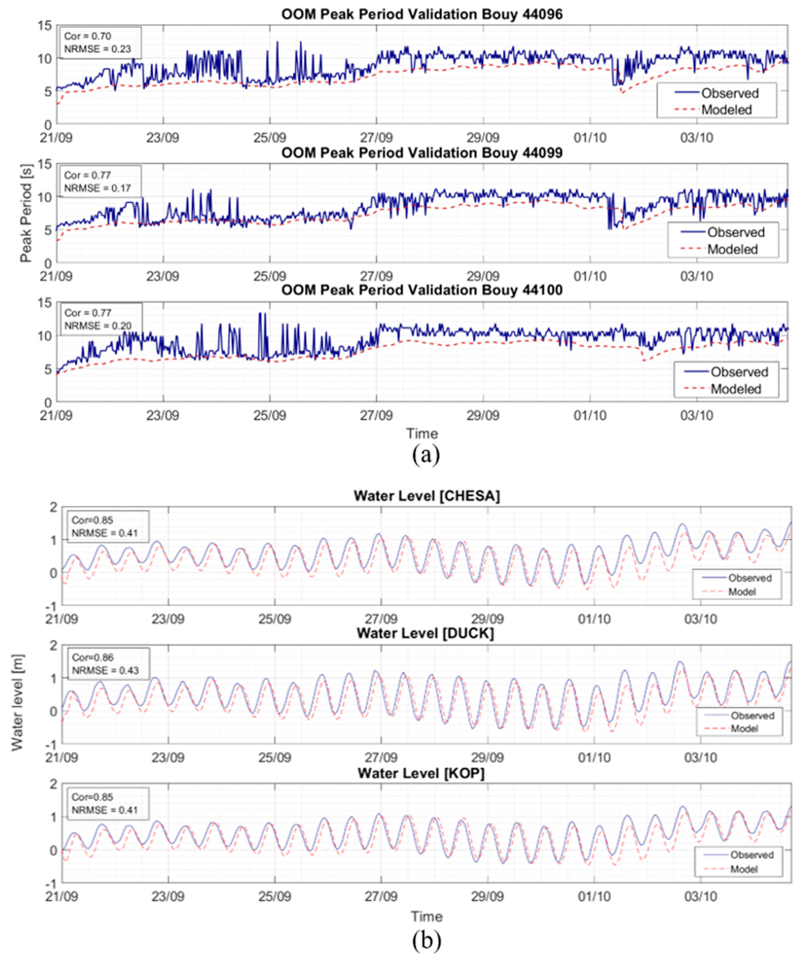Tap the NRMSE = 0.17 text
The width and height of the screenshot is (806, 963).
tap(97, 188)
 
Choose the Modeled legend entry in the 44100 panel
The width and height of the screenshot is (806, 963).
tap(735, 389)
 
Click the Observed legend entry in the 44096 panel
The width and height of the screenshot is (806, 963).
tap(730, 93)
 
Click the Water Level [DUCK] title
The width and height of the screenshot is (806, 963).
tap(425, 633)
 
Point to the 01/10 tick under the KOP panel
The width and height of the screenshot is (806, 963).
tap(594, 896)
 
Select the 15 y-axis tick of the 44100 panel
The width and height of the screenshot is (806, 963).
tap(45, 303)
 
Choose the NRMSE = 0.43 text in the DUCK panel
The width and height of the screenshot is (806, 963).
tap(105, 670)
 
